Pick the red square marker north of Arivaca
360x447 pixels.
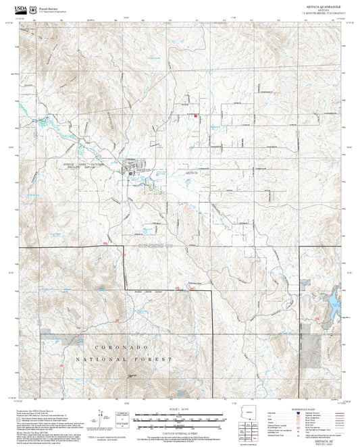[195, 115]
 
